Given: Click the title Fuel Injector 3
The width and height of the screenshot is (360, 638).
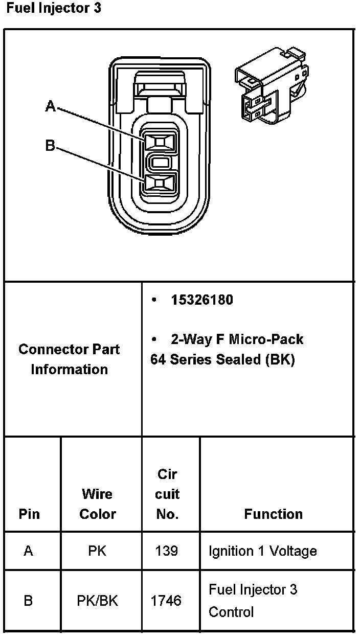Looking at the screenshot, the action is click(x=54, y=9).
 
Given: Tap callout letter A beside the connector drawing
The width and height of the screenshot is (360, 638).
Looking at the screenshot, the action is click(x=50, y=106).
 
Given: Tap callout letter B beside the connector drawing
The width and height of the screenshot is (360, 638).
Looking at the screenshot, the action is click(x=50, y=146).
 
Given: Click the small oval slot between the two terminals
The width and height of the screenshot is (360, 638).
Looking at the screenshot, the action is click(x=160, y=163).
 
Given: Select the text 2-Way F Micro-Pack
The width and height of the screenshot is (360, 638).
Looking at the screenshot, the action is click(x=237, y=339).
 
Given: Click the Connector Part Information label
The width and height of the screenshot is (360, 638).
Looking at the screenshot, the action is click(x=69, y=359).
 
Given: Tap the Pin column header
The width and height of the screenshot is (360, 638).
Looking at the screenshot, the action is click(x=29, y=514).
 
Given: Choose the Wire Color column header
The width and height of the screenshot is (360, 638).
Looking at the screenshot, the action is click(x=97, y=504).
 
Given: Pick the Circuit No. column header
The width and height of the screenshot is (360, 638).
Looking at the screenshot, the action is click(x=167, y=494).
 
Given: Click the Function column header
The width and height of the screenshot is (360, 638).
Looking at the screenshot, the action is click(x=273, y=514).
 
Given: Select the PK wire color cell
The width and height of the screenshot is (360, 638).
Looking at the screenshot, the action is click(x=97, y=551).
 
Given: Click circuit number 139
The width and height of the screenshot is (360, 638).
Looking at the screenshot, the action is click(x=167, y=551).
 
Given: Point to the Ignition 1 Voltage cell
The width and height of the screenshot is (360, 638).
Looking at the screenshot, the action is click(x=262, y=551).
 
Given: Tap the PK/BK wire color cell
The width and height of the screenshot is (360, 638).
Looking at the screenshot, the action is click(x=97, y=601).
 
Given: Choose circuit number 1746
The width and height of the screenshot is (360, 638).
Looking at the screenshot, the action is click(x=166, y=601).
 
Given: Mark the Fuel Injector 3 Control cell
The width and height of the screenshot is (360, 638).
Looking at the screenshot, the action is click(x=253, y=601).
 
